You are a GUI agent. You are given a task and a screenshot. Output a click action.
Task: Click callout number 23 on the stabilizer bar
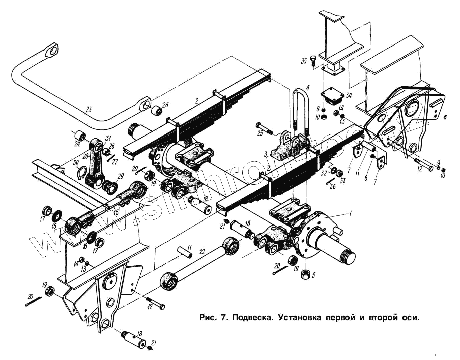[x=88, y=109]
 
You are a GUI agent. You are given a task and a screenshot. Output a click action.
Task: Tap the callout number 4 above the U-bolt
[x=308, y=88]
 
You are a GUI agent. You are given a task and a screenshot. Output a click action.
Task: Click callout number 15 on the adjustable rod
[x=116, y=212]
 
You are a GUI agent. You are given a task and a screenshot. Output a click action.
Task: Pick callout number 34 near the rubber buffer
[x=349, y=96]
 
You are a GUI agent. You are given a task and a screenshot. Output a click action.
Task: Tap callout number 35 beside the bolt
[x=303, y=61]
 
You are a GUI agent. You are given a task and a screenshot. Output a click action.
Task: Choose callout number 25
[x=260, y=134]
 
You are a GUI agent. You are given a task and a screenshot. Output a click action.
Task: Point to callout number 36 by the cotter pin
[x=332, y=187]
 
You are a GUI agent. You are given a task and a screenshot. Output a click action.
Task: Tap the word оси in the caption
[x=410, y=317]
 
